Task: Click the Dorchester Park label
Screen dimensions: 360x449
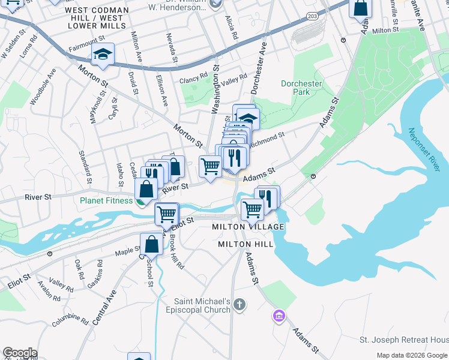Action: [x=301, y=88]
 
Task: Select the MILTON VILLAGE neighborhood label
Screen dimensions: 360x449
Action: [x=248, y=227]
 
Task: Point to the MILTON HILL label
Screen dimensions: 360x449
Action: [x=246, y=244]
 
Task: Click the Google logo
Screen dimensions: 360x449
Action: [x=20, y=353]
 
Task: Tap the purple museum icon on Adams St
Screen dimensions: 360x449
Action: [x=278, y=316]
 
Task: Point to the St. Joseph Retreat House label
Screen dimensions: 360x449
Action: [x=403, y=340]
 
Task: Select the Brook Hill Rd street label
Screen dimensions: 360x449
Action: [x=177, y=251]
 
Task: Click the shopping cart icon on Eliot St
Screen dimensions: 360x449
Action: [x=166, y=213]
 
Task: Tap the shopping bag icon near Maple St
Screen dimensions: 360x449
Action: [x=151, y=244]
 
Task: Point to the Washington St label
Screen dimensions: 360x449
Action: [x=214, y=91]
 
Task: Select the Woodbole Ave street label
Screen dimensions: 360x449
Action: [x=43, y=88]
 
